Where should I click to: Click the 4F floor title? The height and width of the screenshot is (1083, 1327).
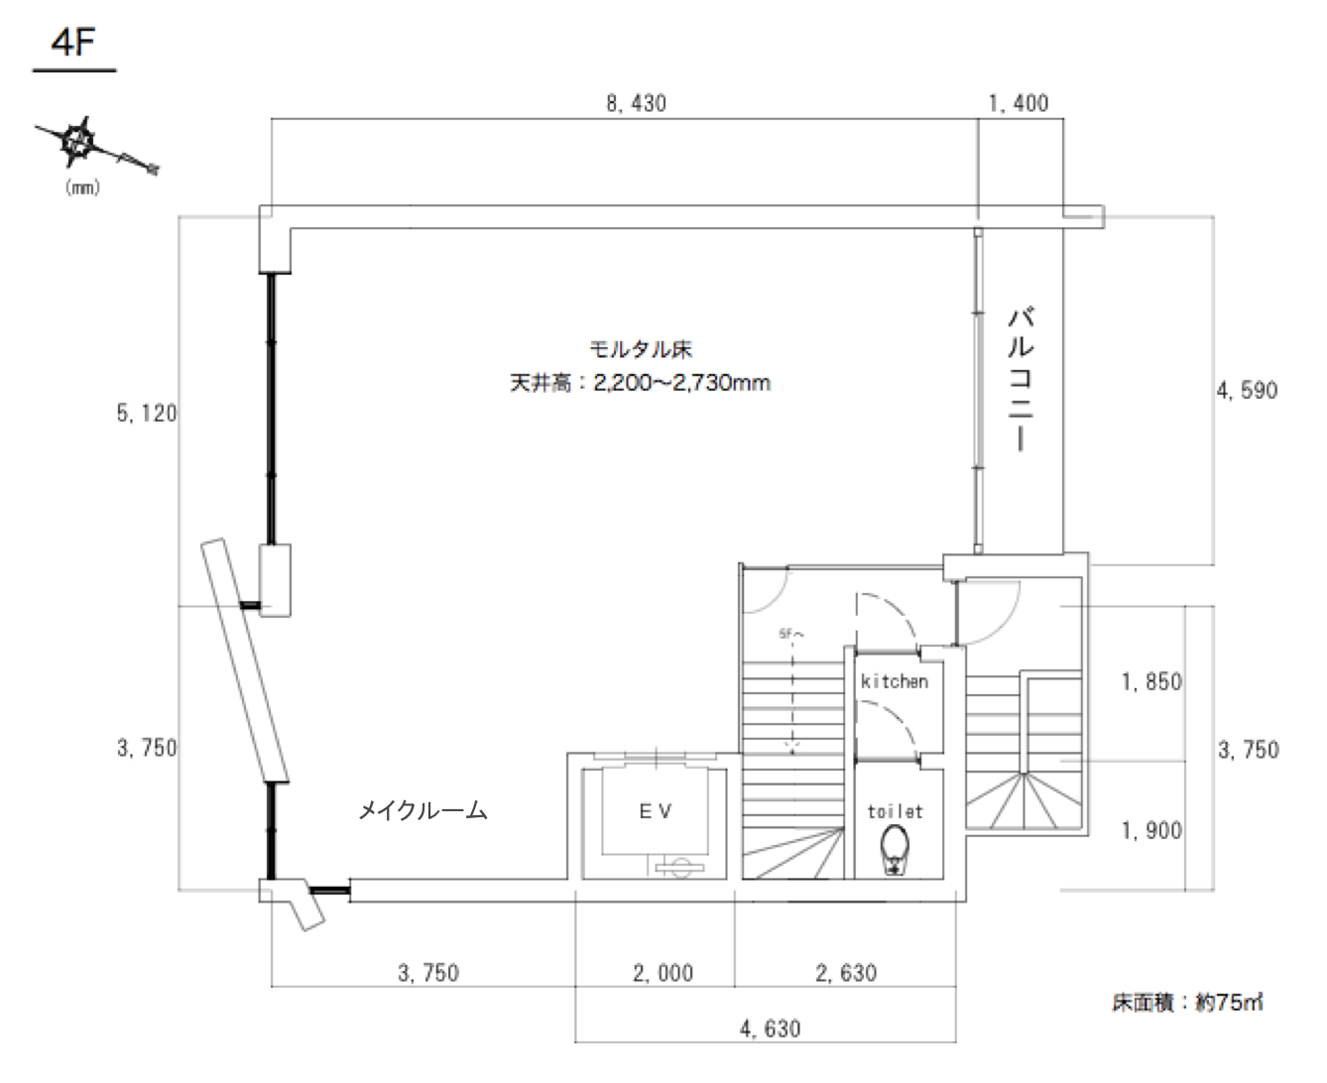[73, 47]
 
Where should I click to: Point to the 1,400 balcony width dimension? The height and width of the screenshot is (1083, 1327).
[1019, 102]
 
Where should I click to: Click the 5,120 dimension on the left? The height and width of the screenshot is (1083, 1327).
[147, 414]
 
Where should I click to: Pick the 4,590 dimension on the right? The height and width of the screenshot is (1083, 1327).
[1247, 390]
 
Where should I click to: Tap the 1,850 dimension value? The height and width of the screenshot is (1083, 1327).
[1151, 682]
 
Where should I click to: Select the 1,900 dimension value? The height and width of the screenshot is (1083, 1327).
[1151, 830]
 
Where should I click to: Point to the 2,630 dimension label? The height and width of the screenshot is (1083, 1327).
[846, 973]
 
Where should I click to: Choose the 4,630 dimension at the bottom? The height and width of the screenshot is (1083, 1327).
[770, 1028]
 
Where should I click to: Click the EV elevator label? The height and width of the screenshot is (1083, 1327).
[654, 810]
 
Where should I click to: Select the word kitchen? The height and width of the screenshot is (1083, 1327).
[895, 681]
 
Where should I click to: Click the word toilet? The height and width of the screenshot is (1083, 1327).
[895, 811]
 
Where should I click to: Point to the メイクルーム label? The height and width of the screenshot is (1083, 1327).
[422, 811]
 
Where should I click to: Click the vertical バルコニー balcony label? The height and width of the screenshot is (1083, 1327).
[1021, 380]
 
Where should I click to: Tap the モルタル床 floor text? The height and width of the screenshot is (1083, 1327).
[640, 349]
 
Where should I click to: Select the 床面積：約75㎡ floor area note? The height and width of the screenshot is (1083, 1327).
[1186, 1002]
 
